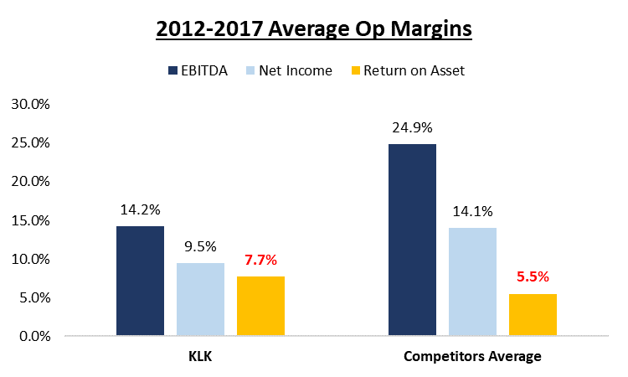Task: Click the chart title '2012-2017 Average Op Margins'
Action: pyautogui.click(x=314, y=28)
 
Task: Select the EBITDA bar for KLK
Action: pyautogui.click(x=140, y=281)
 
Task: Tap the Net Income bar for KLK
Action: pyautogui.click(x=200, y=299)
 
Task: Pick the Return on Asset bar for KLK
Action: pyautogui.click(x=260, y=306)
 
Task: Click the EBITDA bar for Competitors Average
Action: pyautogui.click(x=412, y=240)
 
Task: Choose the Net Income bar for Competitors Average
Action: pyautogui.click(x=473, y=281)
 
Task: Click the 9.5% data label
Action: pyautogui.click(x=200, y=247)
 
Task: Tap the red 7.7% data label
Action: pyautogui.click(x=260, y=261)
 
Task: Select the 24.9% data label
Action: pyautogui.click(x=412, y=128)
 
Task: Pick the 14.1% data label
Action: pyautogui.click(x=473, y=212)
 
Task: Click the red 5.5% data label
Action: pyautogui.click(x=533, y=277)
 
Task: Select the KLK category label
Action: pyautogui.click(x=200, y=356)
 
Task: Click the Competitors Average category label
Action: pyautogui.click(x=473, y=356)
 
